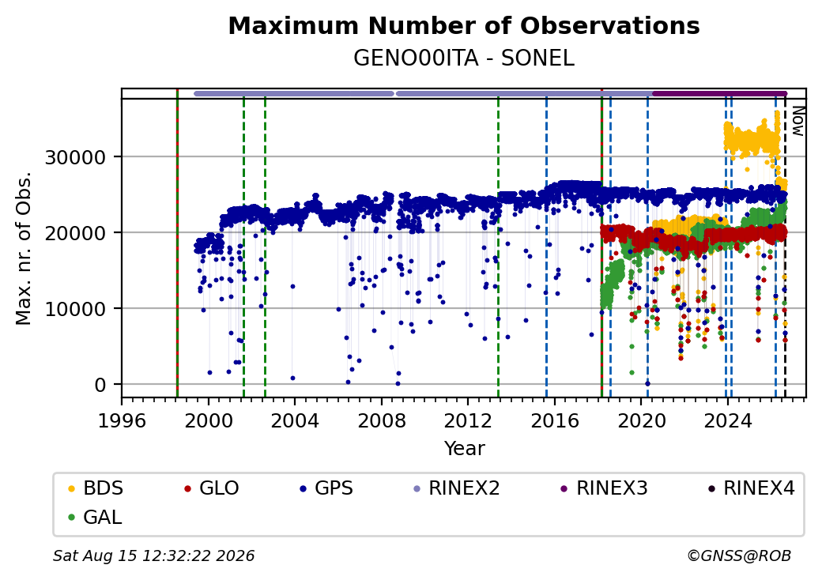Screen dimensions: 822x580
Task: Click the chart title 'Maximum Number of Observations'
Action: [464, 25]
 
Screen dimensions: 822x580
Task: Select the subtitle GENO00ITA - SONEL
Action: [464, 58]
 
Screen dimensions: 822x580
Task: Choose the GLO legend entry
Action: [212, 488]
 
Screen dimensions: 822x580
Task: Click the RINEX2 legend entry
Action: [457, 488]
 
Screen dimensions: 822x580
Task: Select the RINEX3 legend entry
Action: [605, 488]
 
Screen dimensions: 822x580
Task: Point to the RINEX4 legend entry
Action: [751, 488]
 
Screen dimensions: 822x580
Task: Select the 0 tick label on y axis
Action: [100, 385]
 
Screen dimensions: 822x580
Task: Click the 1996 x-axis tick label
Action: [122, 420]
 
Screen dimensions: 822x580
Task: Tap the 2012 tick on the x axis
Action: [468, 420]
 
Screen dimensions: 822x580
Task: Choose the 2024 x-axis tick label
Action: [727, 420]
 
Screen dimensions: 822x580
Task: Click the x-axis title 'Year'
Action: [465, 449]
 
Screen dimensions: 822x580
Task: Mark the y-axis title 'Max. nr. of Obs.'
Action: [24, 248]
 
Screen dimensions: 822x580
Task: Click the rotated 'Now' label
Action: [797, 121]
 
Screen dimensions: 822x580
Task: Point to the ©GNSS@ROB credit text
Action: [739, 556]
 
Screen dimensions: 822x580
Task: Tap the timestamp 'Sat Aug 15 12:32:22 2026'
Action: [154, 556]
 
